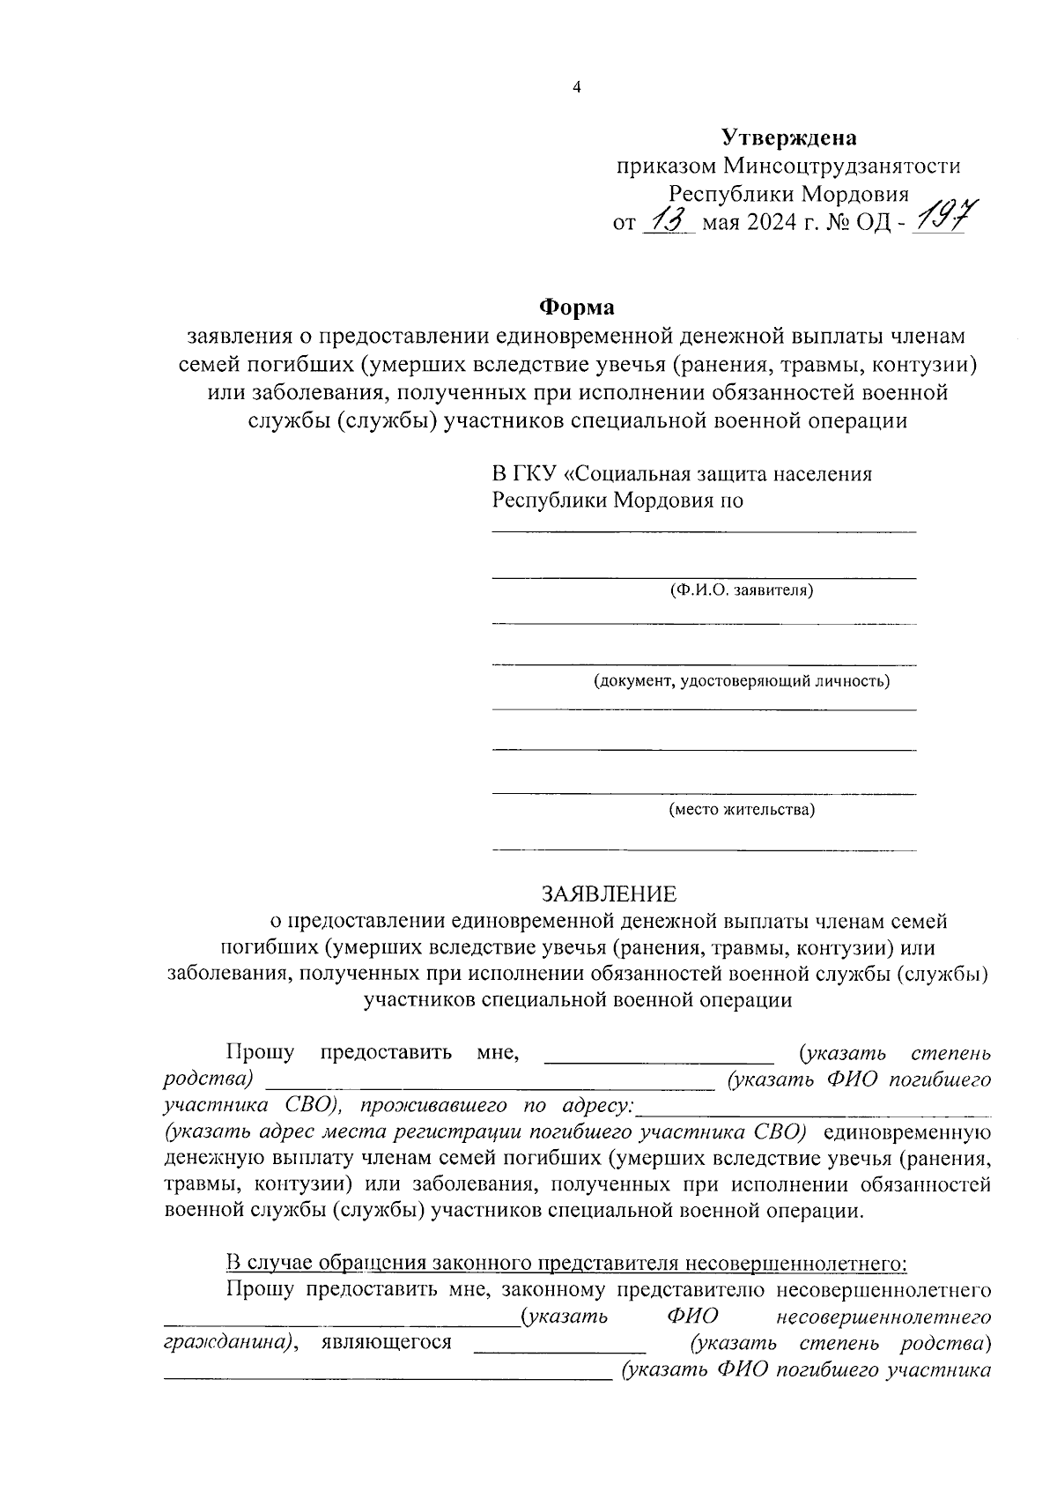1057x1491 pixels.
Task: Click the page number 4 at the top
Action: tap(577, 87)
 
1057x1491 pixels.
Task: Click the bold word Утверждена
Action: tap(788, 137)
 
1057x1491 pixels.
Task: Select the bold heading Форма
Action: tap(577, 308)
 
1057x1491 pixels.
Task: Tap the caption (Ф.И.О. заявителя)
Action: tap(741, 590)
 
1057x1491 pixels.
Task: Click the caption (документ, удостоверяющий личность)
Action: tap(741, 680)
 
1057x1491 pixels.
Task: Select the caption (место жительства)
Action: tap(741, 809)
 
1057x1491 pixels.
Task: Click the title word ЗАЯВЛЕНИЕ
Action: tap(610, 894)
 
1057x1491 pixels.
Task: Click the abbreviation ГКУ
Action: tap(535, 474)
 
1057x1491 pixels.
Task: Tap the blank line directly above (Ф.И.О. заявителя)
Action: tap(703, 577)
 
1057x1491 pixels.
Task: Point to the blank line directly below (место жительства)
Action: tap(703, 849)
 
